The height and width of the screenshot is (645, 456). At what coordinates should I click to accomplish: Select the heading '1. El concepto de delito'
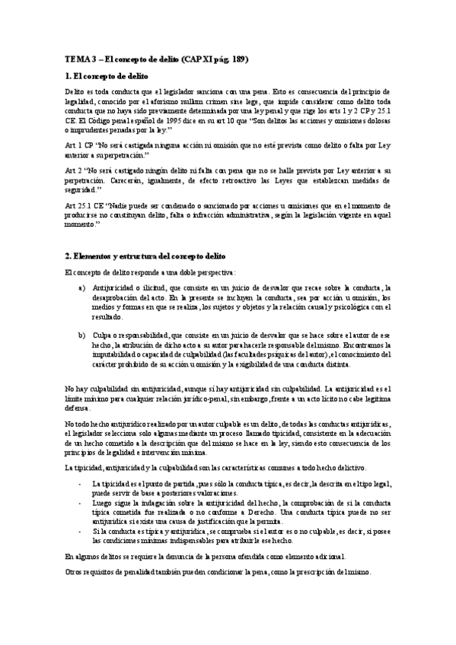pos(106,77)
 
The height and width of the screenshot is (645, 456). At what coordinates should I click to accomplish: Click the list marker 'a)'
pos(82,288)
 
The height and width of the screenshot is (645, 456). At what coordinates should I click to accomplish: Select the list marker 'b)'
pos(82,335)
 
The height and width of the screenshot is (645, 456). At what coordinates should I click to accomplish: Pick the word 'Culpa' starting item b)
pos(104,335)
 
